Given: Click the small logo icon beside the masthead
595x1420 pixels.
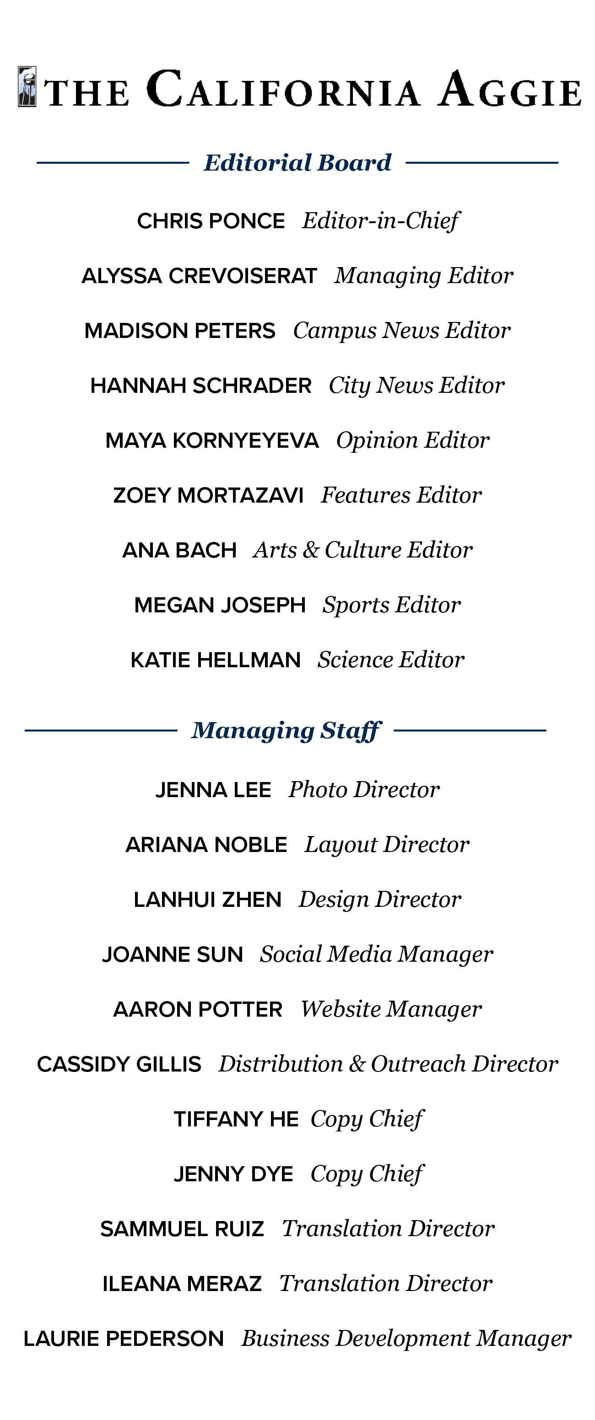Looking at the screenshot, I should [27, 86].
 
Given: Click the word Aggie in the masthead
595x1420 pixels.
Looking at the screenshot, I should [510, 89].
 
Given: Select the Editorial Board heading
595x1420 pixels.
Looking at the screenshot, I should [297, 163].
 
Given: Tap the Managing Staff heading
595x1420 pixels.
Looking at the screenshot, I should [285, 730].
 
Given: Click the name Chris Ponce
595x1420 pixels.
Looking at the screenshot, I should [211, 221].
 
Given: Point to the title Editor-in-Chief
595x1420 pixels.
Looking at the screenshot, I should [380, 221].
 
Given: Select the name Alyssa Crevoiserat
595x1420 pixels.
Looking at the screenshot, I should [199, 276].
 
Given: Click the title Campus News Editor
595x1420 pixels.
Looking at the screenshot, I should [401, 331].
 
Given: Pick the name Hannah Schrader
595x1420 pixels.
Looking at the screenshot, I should [201, 386].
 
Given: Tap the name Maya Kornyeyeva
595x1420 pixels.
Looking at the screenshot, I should [212, 440].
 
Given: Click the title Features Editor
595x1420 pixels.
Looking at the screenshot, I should [401, 495].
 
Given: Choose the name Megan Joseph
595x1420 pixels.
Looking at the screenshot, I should [220, 605].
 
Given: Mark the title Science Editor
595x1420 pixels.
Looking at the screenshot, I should [390, 660].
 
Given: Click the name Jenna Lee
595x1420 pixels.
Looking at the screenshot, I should [213, 790].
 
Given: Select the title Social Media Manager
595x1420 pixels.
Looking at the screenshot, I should [376, 954].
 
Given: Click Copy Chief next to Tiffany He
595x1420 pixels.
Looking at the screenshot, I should [367, 1119].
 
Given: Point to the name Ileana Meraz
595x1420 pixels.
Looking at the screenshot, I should [182, 1284].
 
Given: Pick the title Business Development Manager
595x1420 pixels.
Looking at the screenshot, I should [406, 1339].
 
